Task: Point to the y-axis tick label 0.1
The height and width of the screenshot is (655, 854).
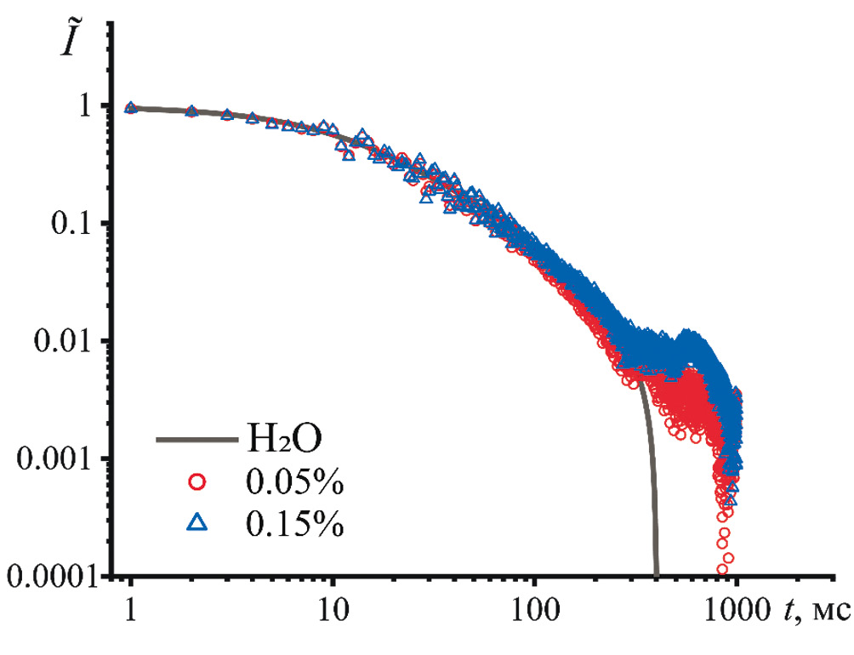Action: click(75, 224)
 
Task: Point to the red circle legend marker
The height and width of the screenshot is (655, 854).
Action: click(197, 481)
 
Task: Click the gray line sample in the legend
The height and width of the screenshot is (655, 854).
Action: click(196, 441)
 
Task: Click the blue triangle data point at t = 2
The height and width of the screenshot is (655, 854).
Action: click(192, 111)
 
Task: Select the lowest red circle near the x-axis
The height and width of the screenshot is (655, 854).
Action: click(725, 568)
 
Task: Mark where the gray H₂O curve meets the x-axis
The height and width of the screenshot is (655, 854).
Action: click(656, 574)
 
